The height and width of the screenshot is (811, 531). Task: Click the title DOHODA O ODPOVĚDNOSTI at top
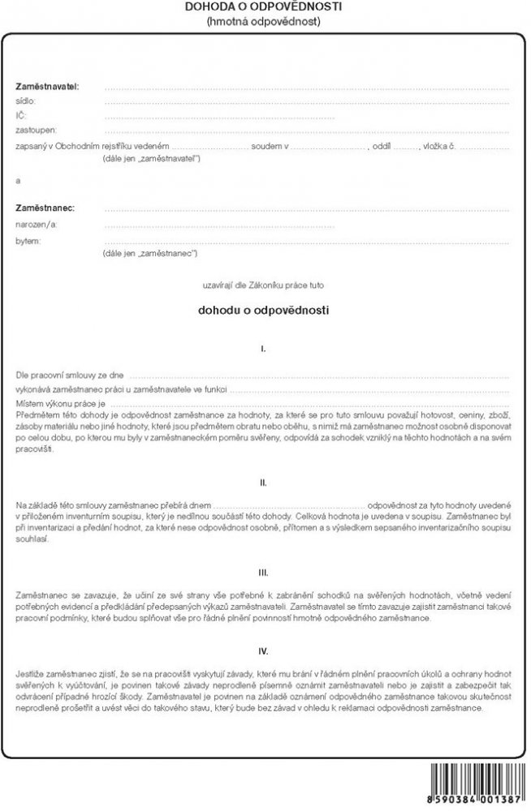(264, 6)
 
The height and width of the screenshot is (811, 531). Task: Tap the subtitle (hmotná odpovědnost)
(264, 21)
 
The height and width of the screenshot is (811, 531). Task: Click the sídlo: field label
(26, 101)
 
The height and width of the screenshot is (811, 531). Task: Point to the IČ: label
(21, 116)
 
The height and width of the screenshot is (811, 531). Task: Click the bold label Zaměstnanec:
(45, 208)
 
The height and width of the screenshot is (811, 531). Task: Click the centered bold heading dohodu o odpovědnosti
(264, 309)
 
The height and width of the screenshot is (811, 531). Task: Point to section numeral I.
(264, 349)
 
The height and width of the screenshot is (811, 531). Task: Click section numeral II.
(264, 482)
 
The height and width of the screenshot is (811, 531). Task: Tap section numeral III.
(264, 572)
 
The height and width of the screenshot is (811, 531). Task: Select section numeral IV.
(264, 650)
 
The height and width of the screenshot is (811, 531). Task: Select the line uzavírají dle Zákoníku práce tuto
(264, 285)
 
